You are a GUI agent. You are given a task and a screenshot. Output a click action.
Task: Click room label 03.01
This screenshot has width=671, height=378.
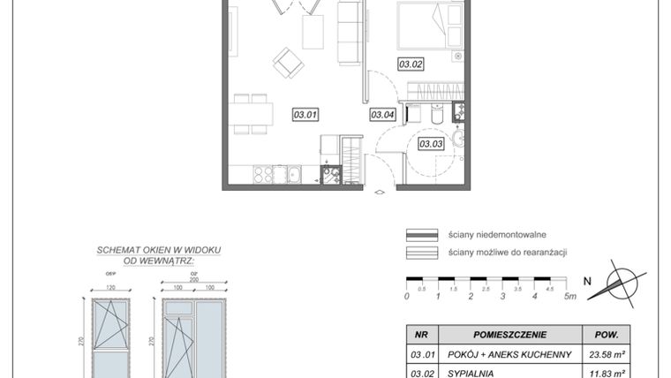click(305, 113)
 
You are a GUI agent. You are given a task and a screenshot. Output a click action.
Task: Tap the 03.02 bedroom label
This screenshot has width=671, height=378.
click(411, 63)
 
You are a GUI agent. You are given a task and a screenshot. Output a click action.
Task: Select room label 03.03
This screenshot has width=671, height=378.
click(430, 143)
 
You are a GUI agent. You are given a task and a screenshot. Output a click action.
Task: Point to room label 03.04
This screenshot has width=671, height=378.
click(381, 113)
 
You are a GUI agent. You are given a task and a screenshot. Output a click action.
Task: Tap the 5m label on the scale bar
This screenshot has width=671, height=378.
click(570, 297)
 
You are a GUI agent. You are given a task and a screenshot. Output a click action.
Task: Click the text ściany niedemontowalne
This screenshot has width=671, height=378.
click(497, 235)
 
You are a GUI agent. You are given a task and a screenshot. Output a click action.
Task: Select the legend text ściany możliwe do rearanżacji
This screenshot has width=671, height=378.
click(507, 252)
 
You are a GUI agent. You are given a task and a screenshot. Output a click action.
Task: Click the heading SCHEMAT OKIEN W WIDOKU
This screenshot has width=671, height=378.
click(158, 250)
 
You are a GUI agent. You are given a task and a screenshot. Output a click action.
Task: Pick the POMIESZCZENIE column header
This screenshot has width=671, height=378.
click(509, 335)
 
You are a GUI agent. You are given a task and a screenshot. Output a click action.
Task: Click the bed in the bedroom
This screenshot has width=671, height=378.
click(430, 25)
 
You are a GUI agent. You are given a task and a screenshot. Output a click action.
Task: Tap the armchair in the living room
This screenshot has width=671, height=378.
click(288, 62)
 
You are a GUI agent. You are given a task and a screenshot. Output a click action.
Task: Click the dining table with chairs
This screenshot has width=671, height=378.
click(250, 114)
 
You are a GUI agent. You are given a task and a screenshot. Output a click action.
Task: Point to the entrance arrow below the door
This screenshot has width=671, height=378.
click(380, 192)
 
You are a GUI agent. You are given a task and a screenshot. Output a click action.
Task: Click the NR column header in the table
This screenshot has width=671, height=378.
click(421, 335)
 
